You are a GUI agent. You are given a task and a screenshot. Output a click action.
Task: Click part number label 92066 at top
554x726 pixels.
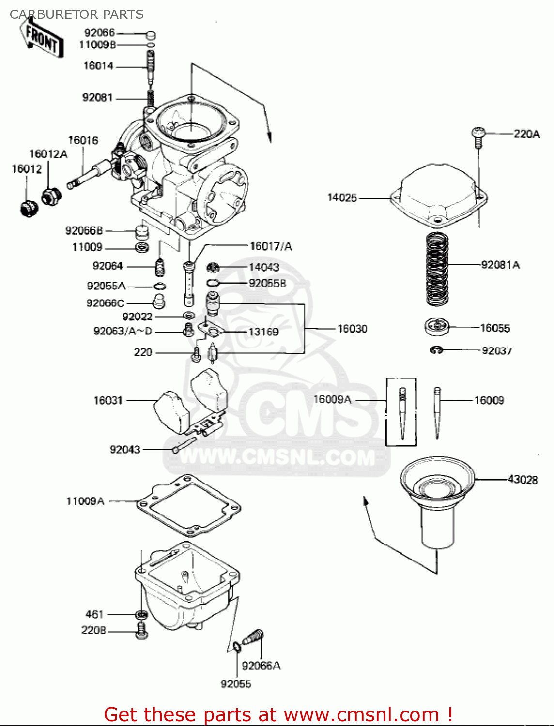[99, 32]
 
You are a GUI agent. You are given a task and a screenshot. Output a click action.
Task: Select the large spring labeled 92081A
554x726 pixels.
[437, 269]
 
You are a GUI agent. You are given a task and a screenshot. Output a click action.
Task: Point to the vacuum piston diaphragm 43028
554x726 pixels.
[437, 503]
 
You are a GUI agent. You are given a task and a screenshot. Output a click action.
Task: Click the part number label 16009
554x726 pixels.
[489, 400]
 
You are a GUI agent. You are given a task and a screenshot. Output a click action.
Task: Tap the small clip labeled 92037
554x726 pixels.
[436, 349]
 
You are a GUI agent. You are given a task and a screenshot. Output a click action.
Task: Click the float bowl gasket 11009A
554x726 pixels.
[189, 506]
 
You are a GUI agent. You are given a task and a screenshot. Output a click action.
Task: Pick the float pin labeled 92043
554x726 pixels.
[184, 444]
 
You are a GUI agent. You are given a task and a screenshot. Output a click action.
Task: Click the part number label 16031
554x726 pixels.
[108, 400]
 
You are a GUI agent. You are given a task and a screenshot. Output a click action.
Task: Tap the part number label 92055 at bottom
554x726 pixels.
[236, 684]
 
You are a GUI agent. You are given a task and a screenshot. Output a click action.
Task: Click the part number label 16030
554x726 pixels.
[352, 329]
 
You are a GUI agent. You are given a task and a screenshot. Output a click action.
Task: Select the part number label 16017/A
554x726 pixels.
[271, 246]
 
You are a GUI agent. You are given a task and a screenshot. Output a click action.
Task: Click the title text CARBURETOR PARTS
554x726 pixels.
[77, 15]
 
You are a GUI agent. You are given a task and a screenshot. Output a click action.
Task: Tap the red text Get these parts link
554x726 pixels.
[278, 714]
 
